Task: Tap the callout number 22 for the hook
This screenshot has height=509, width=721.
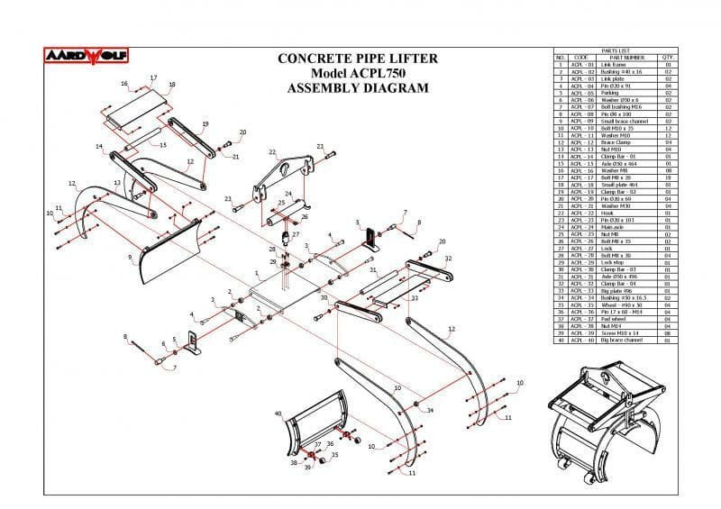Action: pyautogui.click(x=272, y=152)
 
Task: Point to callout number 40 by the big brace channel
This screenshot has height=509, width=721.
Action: pyautogui.click(x=278, y=414)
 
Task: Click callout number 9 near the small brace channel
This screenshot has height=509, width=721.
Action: pyautogui.click(x=130, y=257)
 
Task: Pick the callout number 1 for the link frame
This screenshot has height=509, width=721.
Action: pyautogui.click(x=257, y=272)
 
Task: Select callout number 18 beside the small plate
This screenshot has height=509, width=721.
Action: pyautogui.click(x=172, y=85)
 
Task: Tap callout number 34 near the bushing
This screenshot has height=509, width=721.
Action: pyautogui.click(x=431, y=411)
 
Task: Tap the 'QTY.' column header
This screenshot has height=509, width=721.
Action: pyautogui.click(x=669, y=58)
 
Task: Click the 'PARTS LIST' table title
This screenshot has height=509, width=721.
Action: pyautogui.click(x=615, y=50)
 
